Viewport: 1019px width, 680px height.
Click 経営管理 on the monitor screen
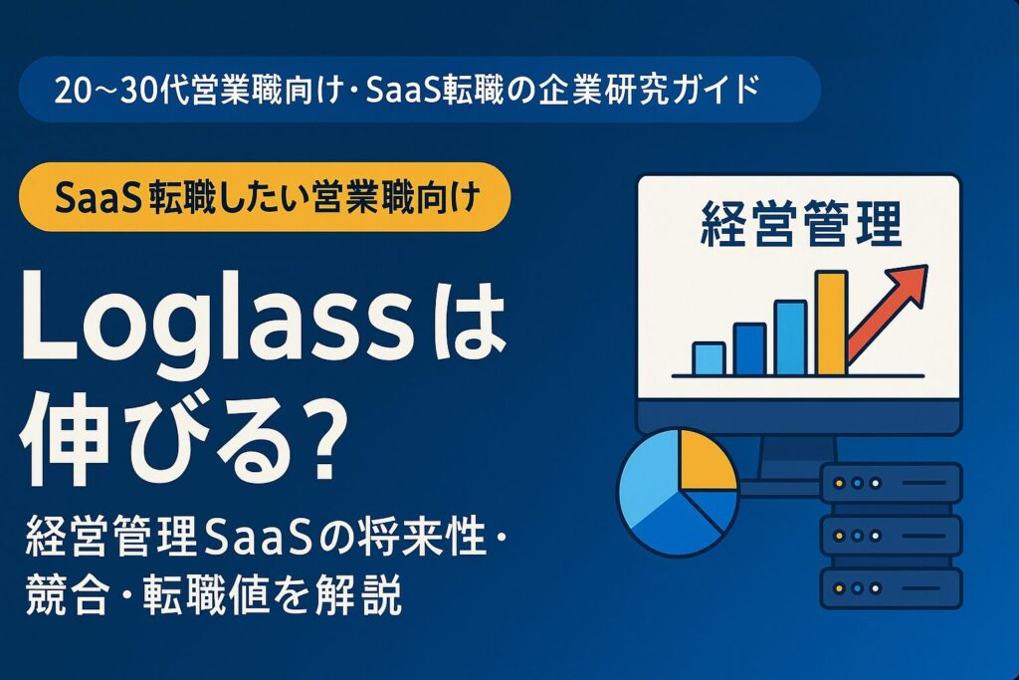(x=801, y=225)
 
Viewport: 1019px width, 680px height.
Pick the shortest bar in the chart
(x=709, y=357)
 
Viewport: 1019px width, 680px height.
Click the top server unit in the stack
(x=890, y=484)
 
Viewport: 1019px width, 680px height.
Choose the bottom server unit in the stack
(x=890, y=587)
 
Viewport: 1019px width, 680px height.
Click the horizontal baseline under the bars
(x=797, y=375)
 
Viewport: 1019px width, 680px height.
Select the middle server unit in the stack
(x=890, y=536)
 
